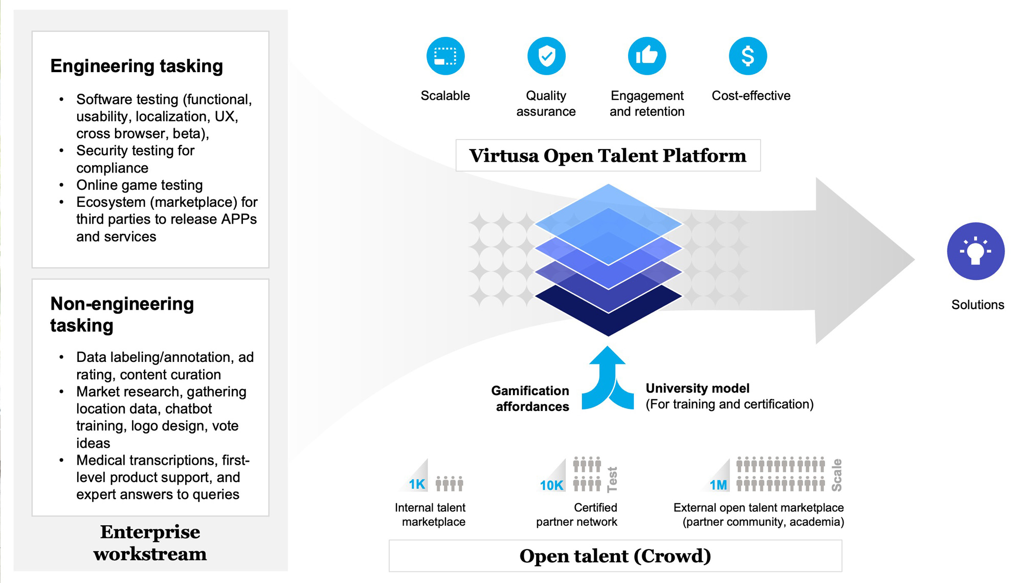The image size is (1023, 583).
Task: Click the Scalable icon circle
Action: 446,56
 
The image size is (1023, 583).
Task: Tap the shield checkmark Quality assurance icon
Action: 546,56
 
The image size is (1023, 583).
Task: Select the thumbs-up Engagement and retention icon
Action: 647,56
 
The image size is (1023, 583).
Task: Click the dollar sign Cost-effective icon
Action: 748,56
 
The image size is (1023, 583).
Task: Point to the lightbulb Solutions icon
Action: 975,251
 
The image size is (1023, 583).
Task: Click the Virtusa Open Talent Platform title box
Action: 608,156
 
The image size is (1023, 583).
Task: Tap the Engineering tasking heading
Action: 137,66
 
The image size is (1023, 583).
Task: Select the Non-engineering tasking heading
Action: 122,314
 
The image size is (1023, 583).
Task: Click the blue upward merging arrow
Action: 608,379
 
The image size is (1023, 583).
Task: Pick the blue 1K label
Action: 417,484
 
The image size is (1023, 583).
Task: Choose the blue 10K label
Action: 551,485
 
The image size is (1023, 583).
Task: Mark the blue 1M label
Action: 718,485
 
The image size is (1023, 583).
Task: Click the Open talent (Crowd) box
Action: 615,556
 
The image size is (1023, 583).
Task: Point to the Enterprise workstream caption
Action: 150,543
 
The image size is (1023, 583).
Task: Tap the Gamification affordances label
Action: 530,399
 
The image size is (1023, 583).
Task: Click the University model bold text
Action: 697,388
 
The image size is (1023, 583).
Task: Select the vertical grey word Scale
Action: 837,475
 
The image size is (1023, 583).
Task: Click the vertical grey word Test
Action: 612,479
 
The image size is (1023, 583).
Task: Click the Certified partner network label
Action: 576,514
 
